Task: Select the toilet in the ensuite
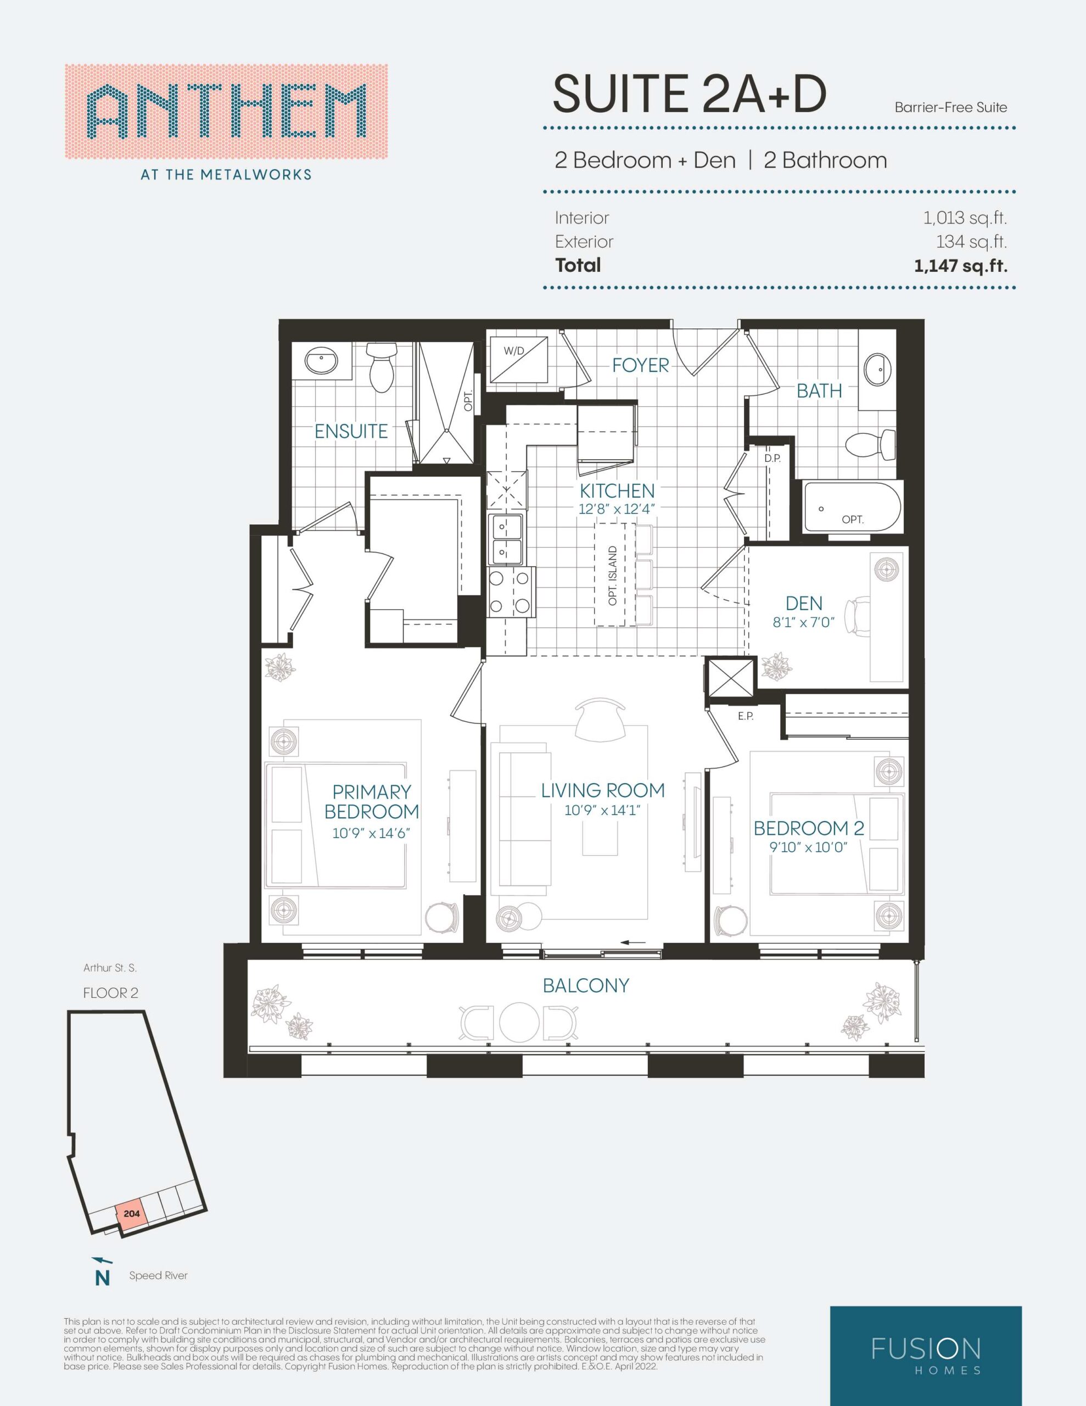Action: (x=382, y=367)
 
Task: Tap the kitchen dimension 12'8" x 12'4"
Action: (x=617, y=509)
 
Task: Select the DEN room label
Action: (x=804, y=603)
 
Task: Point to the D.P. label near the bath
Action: (x=772, y=459)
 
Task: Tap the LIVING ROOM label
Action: (x=602, y=790)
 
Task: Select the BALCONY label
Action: (x=586, y=986)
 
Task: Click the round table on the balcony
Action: (x=519, y=1021)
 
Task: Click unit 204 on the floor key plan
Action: (x=131, y=1214)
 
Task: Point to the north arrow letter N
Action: (x=102, y=1279)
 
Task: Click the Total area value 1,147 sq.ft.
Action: (x=960, y=266)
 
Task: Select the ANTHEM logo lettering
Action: (x=226, y=112)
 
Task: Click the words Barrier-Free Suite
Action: (x=951, y=108)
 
